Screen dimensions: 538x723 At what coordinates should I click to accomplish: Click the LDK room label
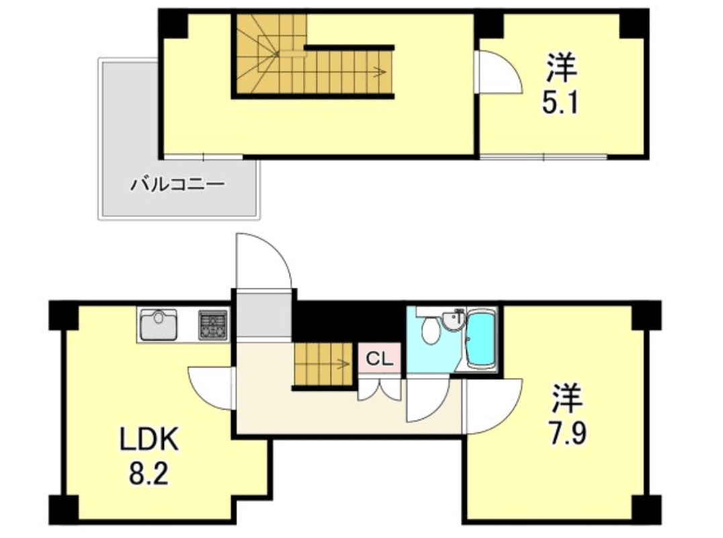pyautogui.click(x=148, y=442)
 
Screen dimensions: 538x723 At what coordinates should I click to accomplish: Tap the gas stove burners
pyautogui.click(x=214, y=325)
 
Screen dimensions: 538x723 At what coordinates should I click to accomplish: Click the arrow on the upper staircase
pyautogui.click(x=380, y=71)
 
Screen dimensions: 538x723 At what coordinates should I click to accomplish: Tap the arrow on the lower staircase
pyautogui.click(x=343, y=365)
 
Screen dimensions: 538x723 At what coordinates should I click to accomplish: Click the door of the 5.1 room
pyautogui.click(x=497, y=73)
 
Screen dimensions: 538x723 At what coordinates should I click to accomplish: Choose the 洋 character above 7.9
pyautogui.click(x=566, y=397)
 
